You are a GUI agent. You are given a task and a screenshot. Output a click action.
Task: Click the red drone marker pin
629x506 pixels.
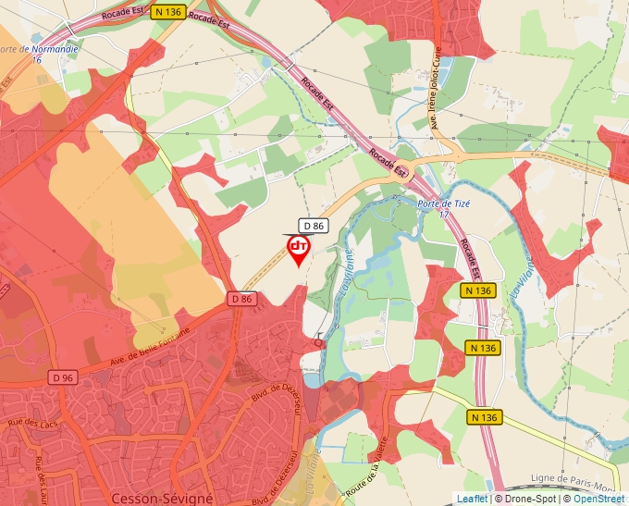click(x=299, y=249)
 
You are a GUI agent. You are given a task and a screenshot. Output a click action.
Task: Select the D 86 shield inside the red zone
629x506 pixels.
click(x=241, y=299)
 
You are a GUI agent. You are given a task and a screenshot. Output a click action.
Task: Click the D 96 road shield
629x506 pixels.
click(x=63, y=377)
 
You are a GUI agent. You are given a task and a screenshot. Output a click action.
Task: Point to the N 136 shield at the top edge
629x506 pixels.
click(x=169, y=11)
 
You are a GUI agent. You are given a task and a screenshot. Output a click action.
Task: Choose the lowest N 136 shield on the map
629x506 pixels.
click(x=483, y=417)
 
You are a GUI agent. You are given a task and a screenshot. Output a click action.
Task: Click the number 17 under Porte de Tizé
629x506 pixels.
click(x=443, y=214)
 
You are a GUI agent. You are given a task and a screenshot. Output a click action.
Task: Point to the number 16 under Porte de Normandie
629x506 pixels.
click(x=37, y=59)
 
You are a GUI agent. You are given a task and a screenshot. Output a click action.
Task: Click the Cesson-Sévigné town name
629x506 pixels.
click(x=160, y=498)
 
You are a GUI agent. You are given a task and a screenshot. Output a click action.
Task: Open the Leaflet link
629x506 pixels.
click(x=472, y=499)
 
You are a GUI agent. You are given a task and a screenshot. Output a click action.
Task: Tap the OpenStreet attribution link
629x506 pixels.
click(x=598, y=499)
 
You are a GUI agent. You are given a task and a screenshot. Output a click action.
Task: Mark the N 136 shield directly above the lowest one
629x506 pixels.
click(x=483, y=349)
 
